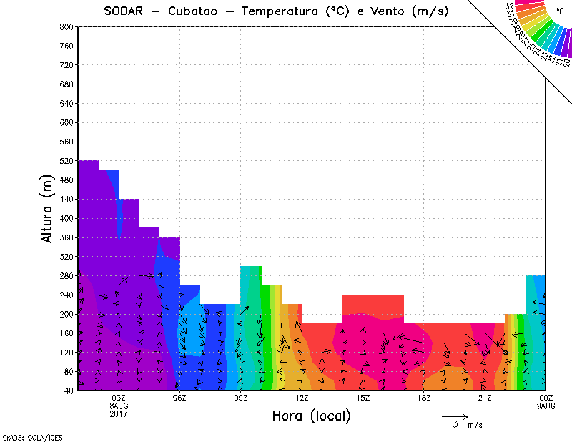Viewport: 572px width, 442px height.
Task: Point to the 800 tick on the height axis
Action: pyautogui.click(x=66, y=26)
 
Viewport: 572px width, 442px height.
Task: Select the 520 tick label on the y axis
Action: pyautogui.click(x=66, y=161)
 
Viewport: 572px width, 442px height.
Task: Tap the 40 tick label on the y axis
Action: pyautogui.click(x=69, y=391)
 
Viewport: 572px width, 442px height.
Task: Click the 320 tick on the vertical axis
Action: pyautogui.click(x=66, y=257)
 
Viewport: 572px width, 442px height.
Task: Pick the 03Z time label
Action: pyautogui.click(x=119, y=398)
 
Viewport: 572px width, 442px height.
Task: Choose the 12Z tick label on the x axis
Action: pyautogui.click(x=302, y=398)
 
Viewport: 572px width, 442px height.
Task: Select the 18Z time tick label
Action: pyautogui.click(x=424, y=398)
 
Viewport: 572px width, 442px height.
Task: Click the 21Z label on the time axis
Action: pyautogui.click(x=485, y=398)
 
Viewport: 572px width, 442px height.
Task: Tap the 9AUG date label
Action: pyautogui.click(x=546, y=406)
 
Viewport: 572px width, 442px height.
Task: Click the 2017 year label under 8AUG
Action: pyautogui.click(x=119, y=413)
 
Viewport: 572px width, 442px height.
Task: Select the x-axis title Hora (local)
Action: pyautogui.click(x=312, y=416)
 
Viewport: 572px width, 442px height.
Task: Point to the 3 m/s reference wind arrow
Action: pyautogui.click(x=455, y=416)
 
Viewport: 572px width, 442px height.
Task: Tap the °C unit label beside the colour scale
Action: pyautogui.click(x=560, y=11)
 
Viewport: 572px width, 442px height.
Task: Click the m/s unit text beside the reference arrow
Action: pyautogui.click(x=475, y=425)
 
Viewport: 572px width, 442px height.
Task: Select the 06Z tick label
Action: pyautogui.click(x=179, y=398)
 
